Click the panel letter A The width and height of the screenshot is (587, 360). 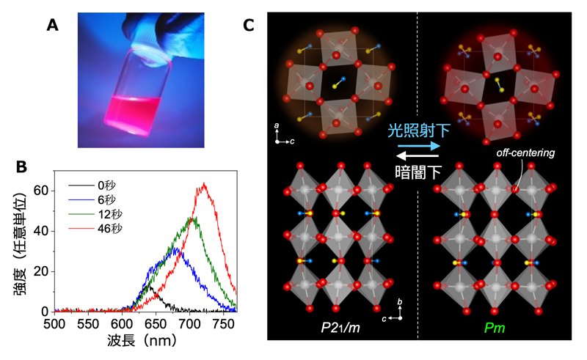[x=52, y=24]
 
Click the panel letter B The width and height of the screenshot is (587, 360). [x=23, y=166]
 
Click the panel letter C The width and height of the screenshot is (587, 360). [x=249, y=25]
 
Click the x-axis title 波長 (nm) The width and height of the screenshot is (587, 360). [x=145, y=342]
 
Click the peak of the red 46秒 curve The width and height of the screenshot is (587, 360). [x=203, y=183]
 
